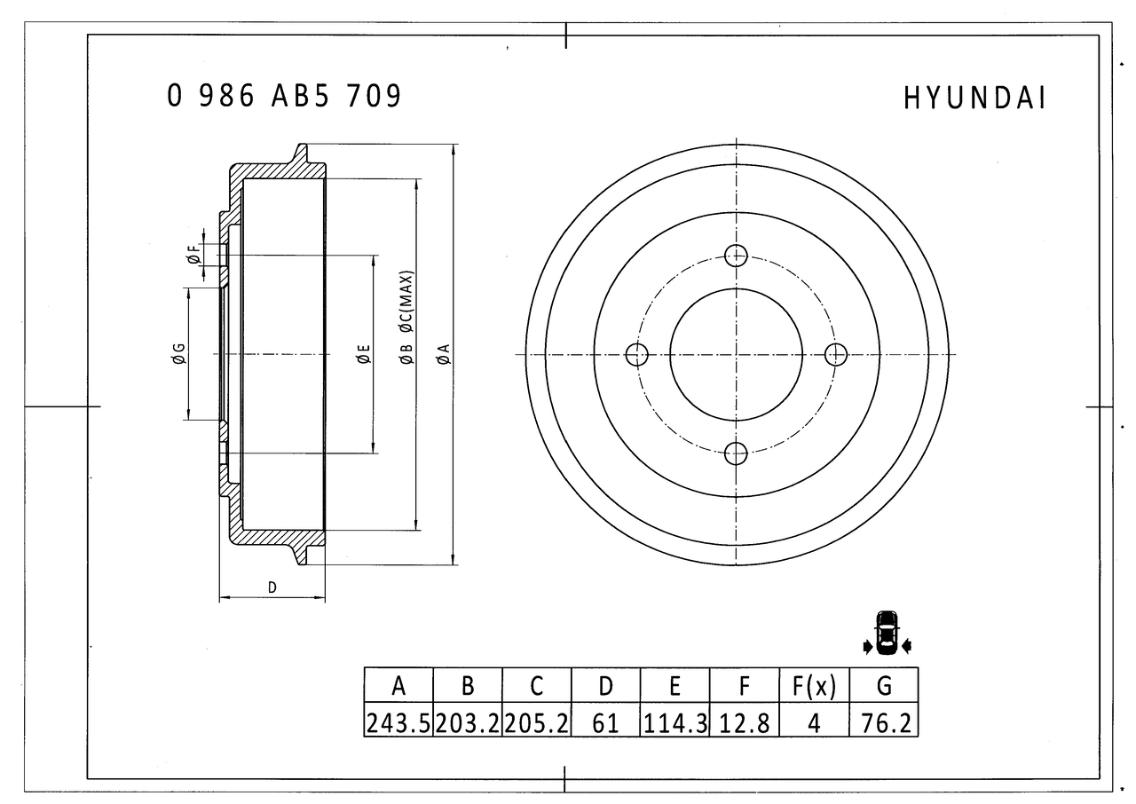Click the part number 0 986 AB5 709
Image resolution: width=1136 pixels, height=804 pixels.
click(x=284, y=96)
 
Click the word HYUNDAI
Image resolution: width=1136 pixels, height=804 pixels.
click(x=974, y=99)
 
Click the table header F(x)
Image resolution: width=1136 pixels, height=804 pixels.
click(x=814, y=686)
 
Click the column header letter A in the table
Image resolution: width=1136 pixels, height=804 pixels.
click(x=398, y=686)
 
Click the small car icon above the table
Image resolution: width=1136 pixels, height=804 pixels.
click(x=887, y=634)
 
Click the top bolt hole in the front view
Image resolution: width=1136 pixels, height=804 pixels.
click(x=736, y=256)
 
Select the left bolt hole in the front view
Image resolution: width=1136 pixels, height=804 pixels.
click(x=637, y=355)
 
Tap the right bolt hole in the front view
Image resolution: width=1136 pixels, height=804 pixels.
click(x=835, y=355)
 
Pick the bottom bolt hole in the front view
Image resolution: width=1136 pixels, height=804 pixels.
click(x=736, y=453)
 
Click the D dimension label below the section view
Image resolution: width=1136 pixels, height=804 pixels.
click(x=272, y=587)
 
